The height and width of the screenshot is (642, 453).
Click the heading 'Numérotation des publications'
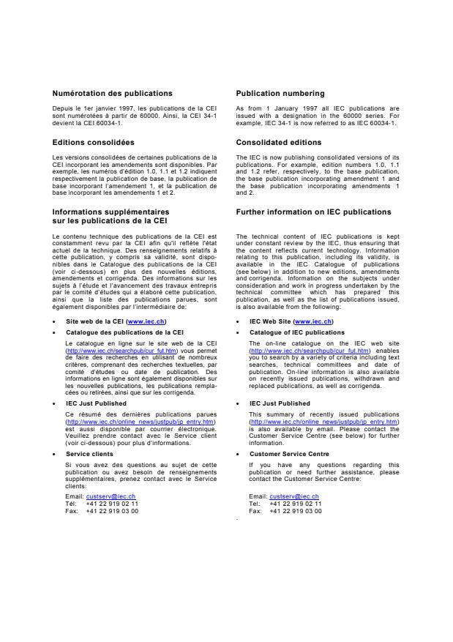tap(112, 94)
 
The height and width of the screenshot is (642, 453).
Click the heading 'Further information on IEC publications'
tap(313, 212)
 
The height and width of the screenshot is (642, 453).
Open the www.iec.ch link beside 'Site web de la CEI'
tap(146, 321)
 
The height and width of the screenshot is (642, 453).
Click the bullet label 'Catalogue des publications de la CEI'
tap(124, 332)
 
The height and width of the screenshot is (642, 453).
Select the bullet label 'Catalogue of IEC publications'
tap(296, 332)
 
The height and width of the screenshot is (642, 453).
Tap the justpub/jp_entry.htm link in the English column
tap(323, 422)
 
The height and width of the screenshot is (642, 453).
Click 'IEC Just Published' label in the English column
tap(280, 403)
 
